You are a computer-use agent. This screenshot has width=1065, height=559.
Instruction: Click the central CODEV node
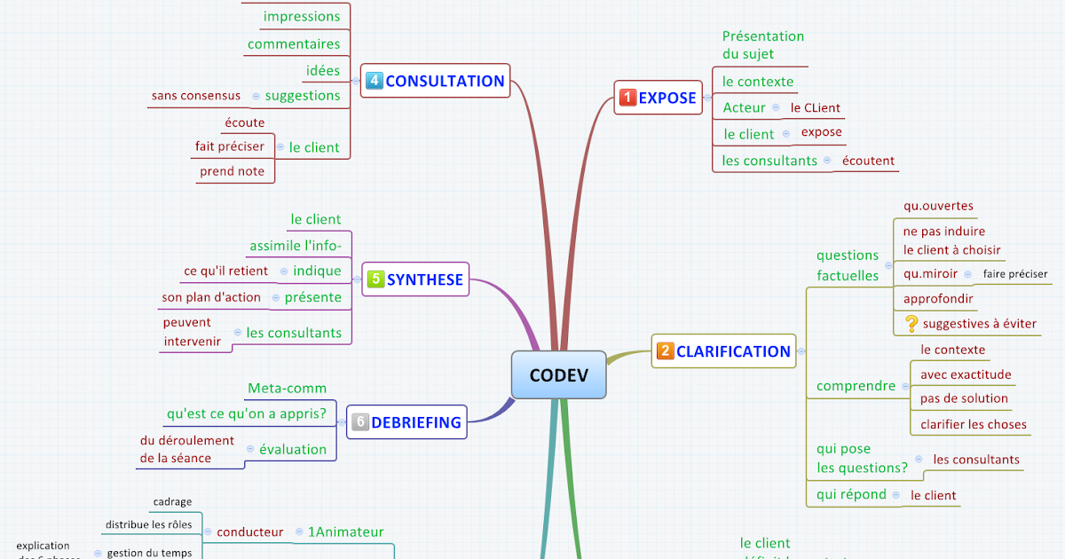558,374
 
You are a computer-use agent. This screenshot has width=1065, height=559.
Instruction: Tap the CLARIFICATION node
723,351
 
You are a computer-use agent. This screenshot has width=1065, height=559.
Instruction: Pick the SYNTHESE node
415,279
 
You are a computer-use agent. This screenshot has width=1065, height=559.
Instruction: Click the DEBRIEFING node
406,422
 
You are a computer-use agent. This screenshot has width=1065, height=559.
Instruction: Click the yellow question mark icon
911,324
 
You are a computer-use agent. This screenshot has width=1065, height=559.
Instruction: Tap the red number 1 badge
627,98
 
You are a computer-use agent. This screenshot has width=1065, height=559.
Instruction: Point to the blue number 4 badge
374,82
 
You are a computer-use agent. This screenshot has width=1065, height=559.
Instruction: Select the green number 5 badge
375,279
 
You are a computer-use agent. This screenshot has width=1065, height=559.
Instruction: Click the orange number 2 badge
665,351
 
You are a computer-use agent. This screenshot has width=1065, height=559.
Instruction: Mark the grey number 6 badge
359,422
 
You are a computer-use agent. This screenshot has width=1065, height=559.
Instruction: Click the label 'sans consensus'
196,96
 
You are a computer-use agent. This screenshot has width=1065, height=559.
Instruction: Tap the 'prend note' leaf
232,171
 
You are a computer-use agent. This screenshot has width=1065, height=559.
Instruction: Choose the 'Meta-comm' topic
287,388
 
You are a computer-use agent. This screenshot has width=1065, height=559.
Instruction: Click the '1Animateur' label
345,532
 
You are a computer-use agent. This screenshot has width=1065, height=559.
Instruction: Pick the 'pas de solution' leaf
964,398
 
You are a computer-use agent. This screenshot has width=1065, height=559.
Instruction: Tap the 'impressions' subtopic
302,16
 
